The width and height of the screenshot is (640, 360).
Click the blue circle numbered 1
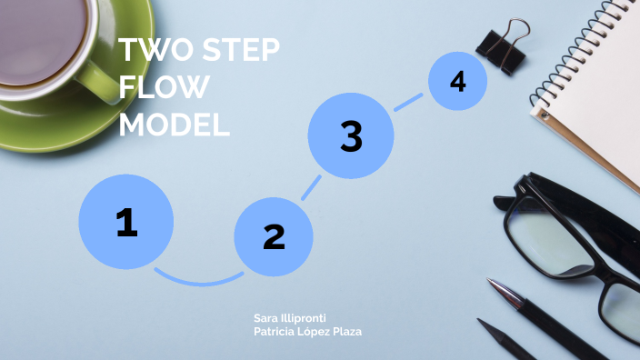tap(125, 222)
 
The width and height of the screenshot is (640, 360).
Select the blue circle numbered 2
tap(274, 236)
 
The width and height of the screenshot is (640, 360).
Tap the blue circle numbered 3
tap(351, 136)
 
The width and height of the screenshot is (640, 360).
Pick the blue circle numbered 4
tap(457, 82)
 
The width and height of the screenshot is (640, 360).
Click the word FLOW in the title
tap(165, 87)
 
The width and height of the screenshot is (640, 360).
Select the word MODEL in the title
tap(174, 125)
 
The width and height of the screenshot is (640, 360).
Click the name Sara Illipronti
tap(290, 318)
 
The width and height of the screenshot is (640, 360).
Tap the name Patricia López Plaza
tap(307, 332)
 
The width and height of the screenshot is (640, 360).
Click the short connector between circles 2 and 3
tap(311, 187)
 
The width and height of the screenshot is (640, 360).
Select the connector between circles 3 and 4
tap(408, 101)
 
